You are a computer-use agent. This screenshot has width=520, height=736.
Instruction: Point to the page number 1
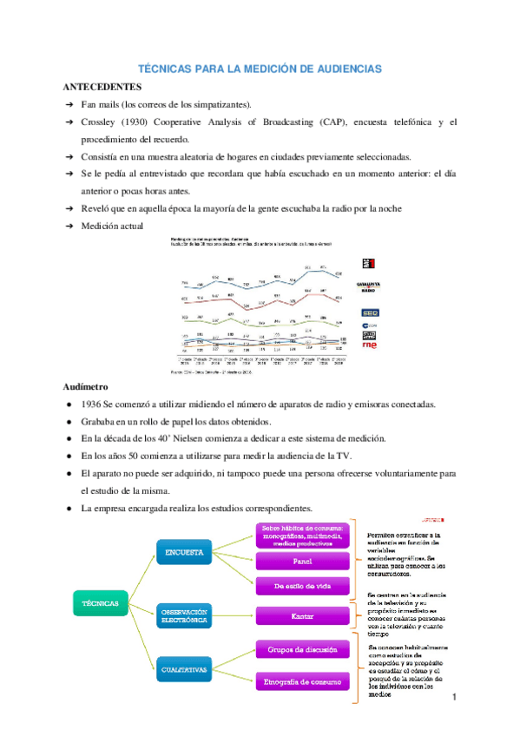coord(454,699)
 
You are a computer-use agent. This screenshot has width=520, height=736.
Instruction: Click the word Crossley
coord(100,122)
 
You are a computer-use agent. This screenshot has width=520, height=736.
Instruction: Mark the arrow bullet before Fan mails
coord(70,105)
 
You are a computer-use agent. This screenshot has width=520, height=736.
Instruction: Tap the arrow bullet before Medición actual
coord(70,226)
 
